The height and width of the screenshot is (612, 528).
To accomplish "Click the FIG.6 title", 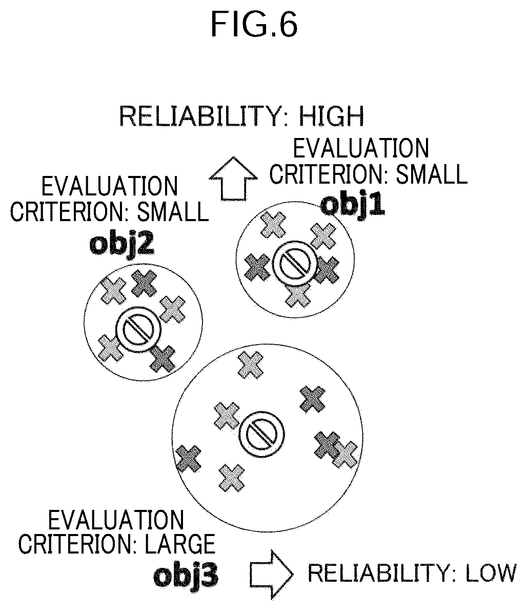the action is point(254,24).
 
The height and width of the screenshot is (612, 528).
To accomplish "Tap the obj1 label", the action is point(353,205).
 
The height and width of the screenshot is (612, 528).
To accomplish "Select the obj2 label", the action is point(121,244).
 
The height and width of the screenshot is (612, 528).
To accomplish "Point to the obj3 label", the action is point(186,577).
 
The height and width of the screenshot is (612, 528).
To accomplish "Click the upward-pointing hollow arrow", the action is point(233,179).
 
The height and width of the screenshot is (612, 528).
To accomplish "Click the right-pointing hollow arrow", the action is point(271,574).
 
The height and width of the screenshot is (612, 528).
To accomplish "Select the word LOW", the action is point(490,573).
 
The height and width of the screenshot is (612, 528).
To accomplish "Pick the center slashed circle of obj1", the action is point(293,262).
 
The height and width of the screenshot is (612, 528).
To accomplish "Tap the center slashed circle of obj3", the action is point(261,433).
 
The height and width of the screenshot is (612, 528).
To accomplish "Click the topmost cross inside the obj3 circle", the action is point(250,365).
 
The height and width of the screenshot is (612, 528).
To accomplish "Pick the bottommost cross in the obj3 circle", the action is point(232,478).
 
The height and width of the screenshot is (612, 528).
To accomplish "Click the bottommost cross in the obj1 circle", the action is point(298,294).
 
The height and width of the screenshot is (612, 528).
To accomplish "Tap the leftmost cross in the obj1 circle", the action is point(257,267).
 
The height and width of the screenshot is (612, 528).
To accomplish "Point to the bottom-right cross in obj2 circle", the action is point(164,358).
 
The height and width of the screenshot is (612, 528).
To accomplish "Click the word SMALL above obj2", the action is point(173,212).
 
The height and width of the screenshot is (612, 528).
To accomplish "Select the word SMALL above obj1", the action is point(432,174).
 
